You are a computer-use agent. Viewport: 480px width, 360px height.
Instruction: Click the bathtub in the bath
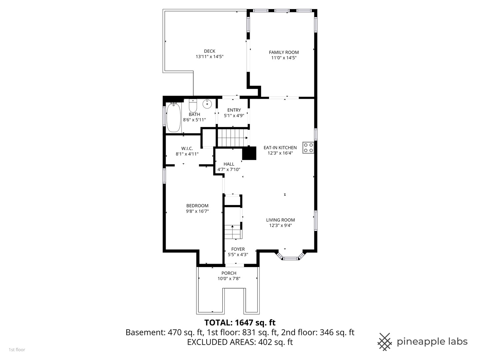click(x=173, y=118)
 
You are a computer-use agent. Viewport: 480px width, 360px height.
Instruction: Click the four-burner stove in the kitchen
click(x=308, y=148)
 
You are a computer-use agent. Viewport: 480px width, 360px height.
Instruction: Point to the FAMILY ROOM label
click(x=284, y=52)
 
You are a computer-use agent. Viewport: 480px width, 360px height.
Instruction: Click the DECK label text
click(x=209, y=51)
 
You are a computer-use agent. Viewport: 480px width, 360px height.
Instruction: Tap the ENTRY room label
click(x=234, y=110)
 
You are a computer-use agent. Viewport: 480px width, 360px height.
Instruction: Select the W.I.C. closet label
click(x=187, y=148)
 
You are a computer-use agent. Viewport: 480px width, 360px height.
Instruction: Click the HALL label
click(x=229, y=164)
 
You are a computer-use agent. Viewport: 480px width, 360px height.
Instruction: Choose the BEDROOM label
click(x=197, y=206)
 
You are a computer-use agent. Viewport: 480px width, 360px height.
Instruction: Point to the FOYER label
click(x=238, y=249)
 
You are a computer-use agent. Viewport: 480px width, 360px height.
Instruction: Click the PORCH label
click(x=229, y=273)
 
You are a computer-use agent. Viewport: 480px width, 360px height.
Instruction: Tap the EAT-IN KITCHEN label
click(x=280, y=148)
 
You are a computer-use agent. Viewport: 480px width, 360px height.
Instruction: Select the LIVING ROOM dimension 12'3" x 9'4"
click(x=280, y=225)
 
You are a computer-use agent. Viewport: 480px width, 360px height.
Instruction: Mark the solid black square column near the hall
click(x=249, y=153)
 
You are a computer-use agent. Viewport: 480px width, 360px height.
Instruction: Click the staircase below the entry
click(x=232, y=138)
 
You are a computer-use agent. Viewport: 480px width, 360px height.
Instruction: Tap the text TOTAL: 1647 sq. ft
click(x=240, y=323)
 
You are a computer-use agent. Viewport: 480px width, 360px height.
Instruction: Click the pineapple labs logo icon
click(x=384, y=342)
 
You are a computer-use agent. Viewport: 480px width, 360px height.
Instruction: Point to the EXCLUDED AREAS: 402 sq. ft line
click(x=240, y=342)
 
